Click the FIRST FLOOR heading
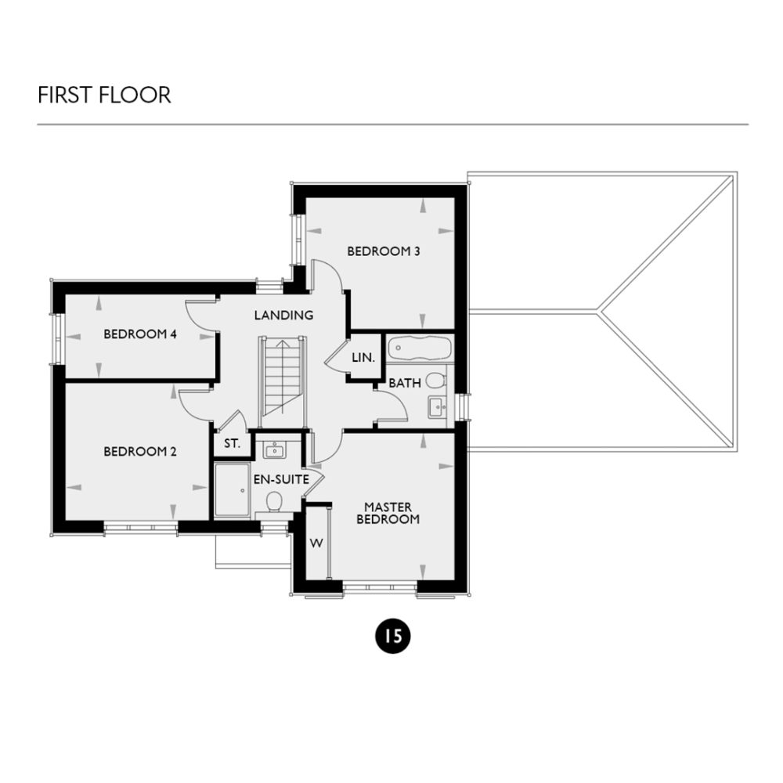click(x=104, y=96)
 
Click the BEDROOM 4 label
click(x=140, y=334)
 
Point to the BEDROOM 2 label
click(x=140, y=452)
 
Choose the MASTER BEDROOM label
click(x=388, y=513)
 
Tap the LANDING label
click(x=283, y=316)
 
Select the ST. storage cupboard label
click(x=232, y=443)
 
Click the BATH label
click(x=405, y=383)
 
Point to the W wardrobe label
click(x=317, y=543)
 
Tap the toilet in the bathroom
click(x=436, y=381)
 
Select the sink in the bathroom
click(x=436, y=406)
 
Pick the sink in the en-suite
click(x=274, y=450)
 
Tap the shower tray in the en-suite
click(x=233, y=489)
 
